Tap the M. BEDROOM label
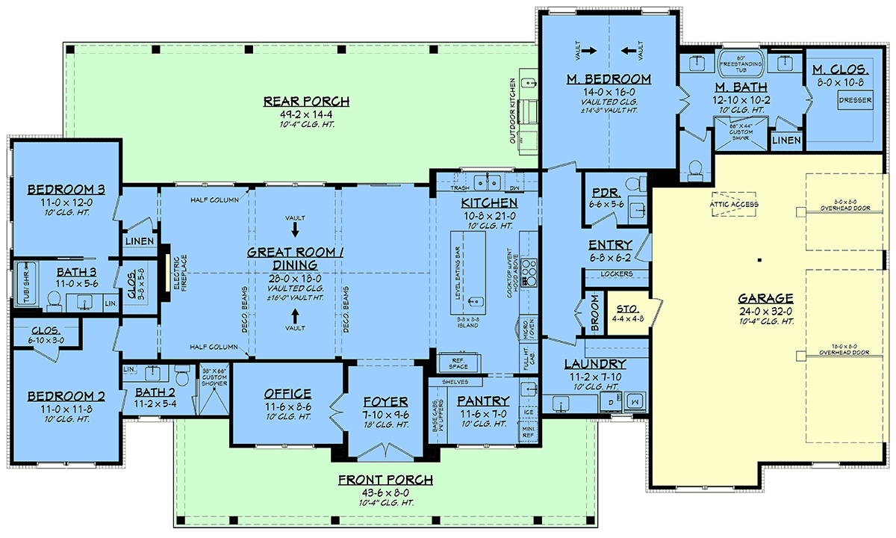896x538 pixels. pos(609,78)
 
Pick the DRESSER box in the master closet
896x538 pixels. pos(855,100)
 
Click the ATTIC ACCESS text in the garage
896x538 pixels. pos(735,204)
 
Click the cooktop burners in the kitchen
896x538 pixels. pos(530,273)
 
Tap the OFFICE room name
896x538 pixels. pos(287,394)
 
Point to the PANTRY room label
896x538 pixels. pos(483,401)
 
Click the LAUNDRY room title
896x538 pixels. pos(595,364)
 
